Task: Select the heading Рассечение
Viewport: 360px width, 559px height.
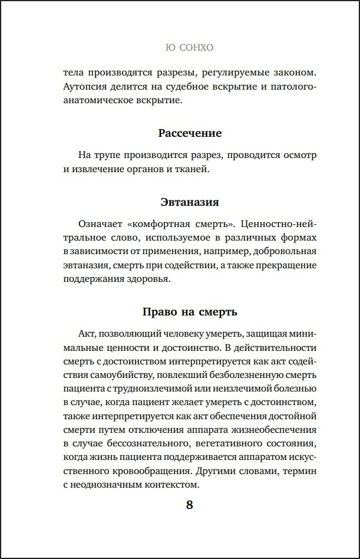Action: pyautogui.click(x=190, y=133)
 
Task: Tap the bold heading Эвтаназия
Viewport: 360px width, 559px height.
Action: pyautogui.click(x=190, y=202)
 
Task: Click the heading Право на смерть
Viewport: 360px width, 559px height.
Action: pyautogui.click(x=190, y=311)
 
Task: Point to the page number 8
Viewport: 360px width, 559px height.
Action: pyautogui.click(x=190, y=505)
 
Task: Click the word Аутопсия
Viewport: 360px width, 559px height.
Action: pyautogui.click(x=85, y=87)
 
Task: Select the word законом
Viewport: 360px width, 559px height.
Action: pyautogui.click(x=292, y=73)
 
